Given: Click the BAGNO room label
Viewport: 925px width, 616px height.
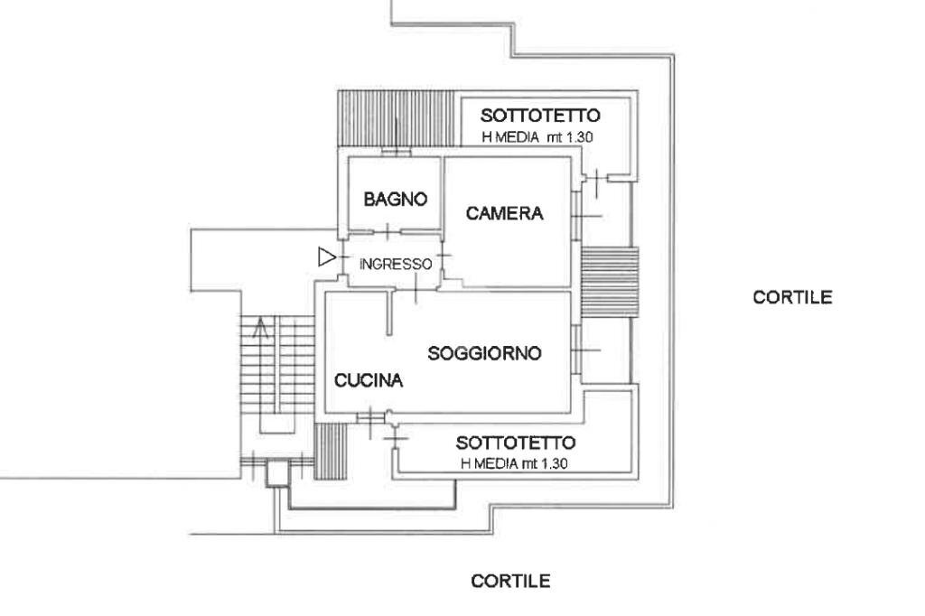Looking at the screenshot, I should pos(395,200).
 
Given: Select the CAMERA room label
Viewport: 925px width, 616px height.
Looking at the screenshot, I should pos(504,214).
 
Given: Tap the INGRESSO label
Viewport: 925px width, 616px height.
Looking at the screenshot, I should pos(396,265).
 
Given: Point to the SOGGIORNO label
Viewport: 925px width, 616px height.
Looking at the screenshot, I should pos(484,353).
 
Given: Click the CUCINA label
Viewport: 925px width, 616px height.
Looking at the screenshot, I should pos(369,380).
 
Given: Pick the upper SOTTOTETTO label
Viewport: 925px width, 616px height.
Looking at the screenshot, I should pos(540,116).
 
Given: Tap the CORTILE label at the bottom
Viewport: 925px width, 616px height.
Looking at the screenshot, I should pos(510,581).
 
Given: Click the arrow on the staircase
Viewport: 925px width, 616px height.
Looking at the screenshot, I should pos(262,328).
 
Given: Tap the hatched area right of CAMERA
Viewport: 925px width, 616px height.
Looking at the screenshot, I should pos(609,281).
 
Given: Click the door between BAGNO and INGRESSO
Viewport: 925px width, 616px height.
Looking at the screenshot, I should pos(387,232).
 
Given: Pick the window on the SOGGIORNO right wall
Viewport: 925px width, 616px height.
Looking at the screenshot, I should pos(575,349).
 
